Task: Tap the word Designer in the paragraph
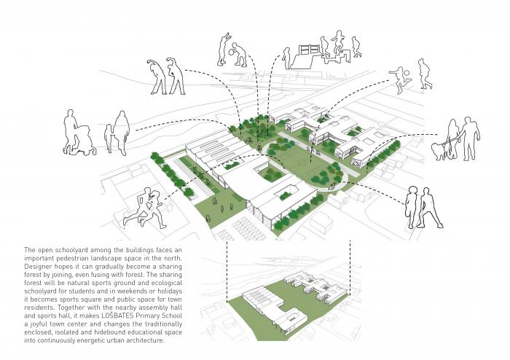[x=39, y=267]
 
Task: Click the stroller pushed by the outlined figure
[x=85, y=140]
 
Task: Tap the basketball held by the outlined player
[x=231, y=51]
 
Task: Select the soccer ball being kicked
[x=407, y=73]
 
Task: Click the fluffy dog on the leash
[x=440, y=150]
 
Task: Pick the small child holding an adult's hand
[x=109, y=138]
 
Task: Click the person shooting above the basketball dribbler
[x=224, y=49]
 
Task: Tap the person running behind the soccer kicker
[x=425, y=74]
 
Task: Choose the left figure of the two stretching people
[x=158, y=77]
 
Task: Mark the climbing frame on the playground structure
[x=309, y=51]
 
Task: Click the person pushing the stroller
[x=71, y=132]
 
